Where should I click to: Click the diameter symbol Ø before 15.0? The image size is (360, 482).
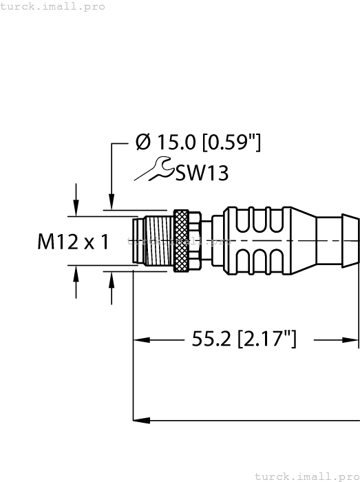coord(143,143)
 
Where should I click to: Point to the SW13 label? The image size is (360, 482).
coord(201,173)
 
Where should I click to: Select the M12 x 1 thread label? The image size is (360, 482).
coord(74,242)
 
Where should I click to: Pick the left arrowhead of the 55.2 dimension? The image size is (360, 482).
coord(140,339)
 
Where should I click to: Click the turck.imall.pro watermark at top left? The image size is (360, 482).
coord(53,6)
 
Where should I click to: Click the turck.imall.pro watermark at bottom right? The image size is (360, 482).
coord(307,476)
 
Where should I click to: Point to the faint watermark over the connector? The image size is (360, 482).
coord(180,242)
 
